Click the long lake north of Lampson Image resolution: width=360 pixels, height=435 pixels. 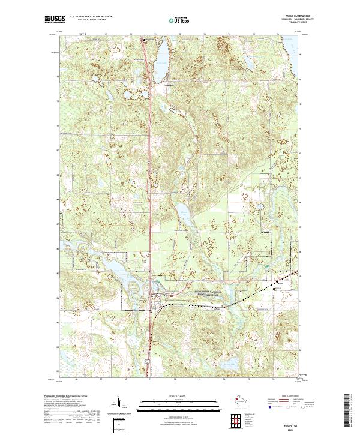point(161,57)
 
